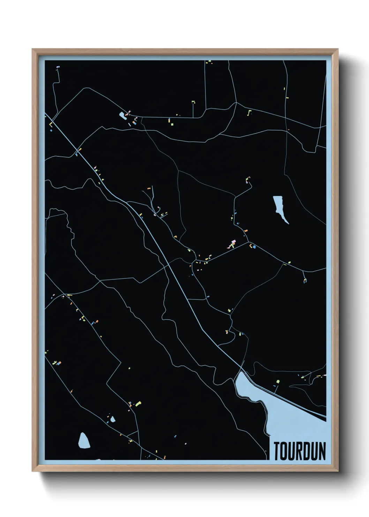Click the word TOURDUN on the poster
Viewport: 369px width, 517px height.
(x=300, y=451)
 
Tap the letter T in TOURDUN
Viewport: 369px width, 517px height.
(x=277, y=451)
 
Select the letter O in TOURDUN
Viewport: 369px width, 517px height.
(x=284, y=451)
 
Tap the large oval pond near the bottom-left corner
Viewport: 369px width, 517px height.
(x=84, y=441)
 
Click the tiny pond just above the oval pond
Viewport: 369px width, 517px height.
(x=113, y=418)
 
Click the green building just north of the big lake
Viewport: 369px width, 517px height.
(x=278, y=381)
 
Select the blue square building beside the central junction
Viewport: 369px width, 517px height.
(x=254, y=247)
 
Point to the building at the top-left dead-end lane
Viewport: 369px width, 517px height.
(x=58, y=66)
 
